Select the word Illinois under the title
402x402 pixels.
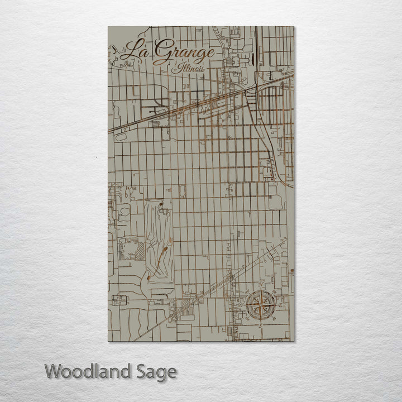click(188, 69)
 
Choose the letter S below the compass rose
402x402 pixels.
click(260, 325)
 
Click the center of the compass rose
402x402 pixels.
click(260, 305)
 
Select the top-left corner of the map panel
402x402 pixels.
click(108, 26)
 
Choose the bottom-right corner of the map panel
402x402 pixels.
click(294, 341)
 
